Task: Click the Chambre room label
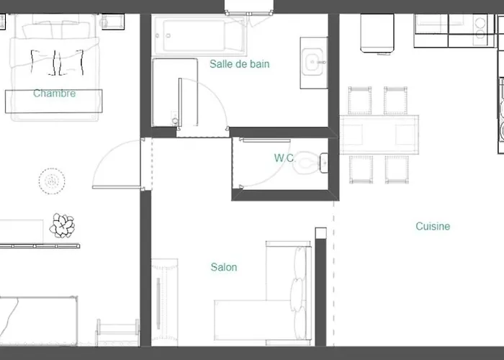(x=55, y=93)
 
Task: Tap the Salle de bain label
(x=240, y=64)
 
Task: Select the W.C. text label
(x=284, y=158)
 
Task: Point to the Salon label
(x=224, y=267)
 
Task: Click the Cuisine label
(x=433, y=226)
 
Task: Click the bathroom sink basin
(x=314, y=62)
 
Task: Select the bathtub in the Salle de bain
(x=199, y=35)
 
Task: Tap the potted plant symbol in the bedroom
(x=62, y=225)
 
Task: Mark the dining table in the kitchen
(x=379, y=135)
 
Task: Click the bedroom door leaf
(x=117, y=187)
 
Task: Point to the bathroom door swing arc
(x=215, y=92)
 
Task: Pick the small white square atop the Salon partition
(x=321, y=233)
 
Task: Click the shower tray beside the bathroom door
(x=174, y=92)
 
